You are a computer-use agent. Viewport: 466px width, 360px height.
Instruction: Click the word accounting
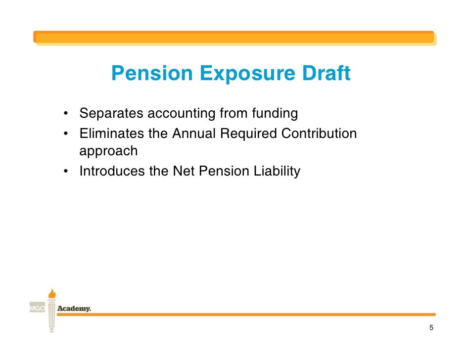[182, 114]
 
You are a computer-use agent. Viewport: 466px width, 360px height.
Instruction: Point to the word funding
[275, 114]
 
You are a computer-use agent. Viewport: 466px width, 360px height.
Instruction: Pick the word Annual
[194, 134]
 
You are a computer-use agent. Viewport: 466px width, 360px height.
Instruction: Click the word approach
[108, 151]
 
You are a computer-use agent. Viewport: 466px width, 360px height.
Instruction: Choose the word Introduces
[112, 172]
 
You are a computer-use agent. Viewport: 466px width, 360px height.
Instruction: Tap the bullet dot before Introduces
[65, 172]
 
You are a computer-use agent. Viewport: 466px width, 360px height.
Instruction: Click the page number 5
[431, 328]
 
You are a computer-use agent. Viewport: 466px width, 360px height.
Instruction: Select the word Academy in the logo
[74, 309]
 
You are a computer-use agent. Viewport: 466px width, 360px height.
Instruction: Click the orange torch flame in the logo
[51, 293]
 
